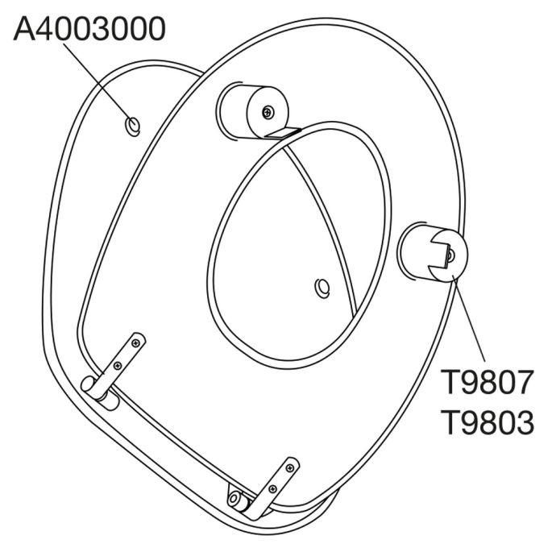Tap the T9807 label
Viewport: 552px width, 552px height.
pyautogui.click(x=487, y=384)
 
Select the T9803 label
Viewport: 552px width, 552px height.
pyautogui.click(x=487, y=422)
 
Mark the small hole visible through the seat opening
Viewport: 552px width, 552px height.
pyautogui.click(x=322, y=286)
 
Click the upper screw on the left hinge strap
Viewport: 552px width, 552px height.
pyautogui.click(x=138, y=342)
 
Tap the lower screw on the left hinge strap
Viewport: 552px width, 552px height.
pyautogui.click(x=119, y=367)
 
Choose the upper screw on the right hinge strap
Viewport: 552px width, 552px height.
pyautogui.click(x=290, y=465)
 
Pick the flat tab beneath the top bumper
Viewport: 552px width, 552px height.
pyautogui.click(x=282, y=132)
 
